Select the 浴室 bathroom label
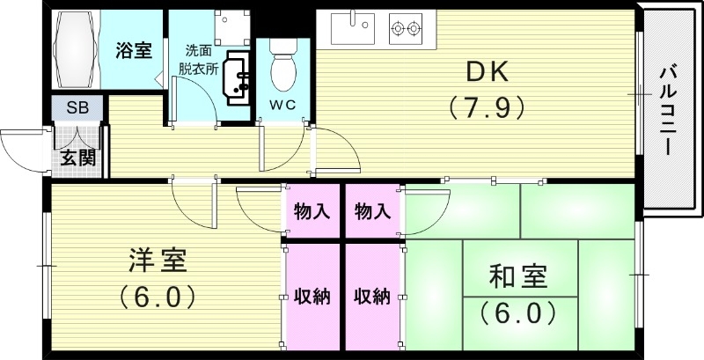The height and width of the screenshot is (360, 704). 134,50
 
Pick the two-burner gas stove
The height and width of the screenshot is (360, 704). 406,29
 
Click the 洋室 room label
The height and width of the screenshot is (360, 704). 158,261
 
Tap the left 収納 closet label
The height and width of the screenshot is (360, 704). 311,297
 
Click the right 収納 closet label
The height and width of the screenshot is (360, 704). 372,297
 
